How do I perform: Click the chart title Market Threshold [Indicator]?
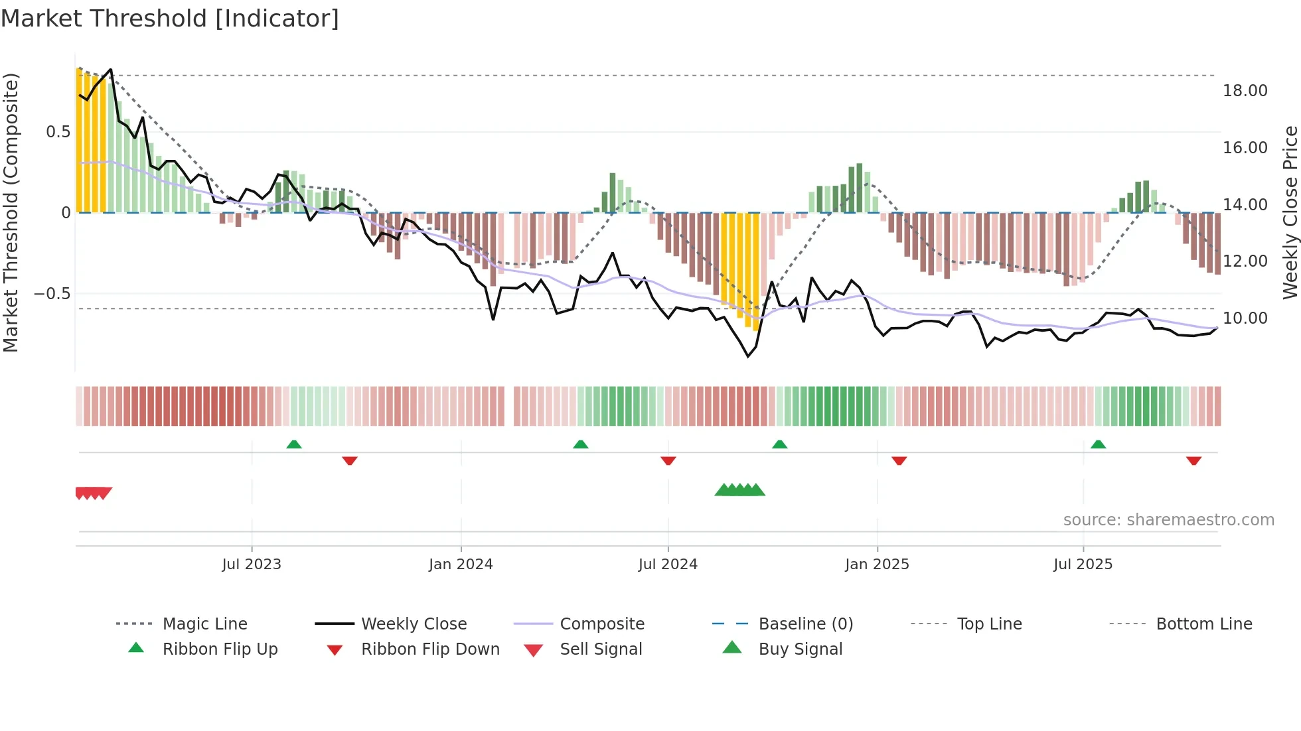pos(170,19)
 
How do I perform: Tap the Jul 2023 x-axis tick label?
pos(252,565)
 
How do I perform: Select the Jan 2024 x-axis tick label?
pos(461,565)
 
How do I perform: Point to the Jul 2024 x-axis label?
pos(668,565)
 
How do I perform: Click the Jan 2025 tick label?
pos(877,565)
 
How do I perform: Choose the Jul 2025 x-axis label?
pos(1083,565)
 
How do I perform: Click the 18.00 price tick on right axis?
pos(1245,91)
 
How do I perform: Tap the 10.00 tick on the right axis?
pos(1245,318)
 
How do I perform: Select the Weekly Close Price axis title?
pos(1290,212)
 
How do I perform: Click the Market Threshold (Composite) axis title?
pos(11,212)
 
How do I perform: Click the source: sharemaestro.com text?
pos(1168,520)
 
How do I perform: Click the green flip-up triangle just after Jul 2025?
pos(1098,444)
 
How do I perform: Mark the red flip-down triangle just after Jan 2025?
pos(899,460)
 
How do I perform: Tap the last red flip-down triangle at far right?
pos(1193,460)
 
